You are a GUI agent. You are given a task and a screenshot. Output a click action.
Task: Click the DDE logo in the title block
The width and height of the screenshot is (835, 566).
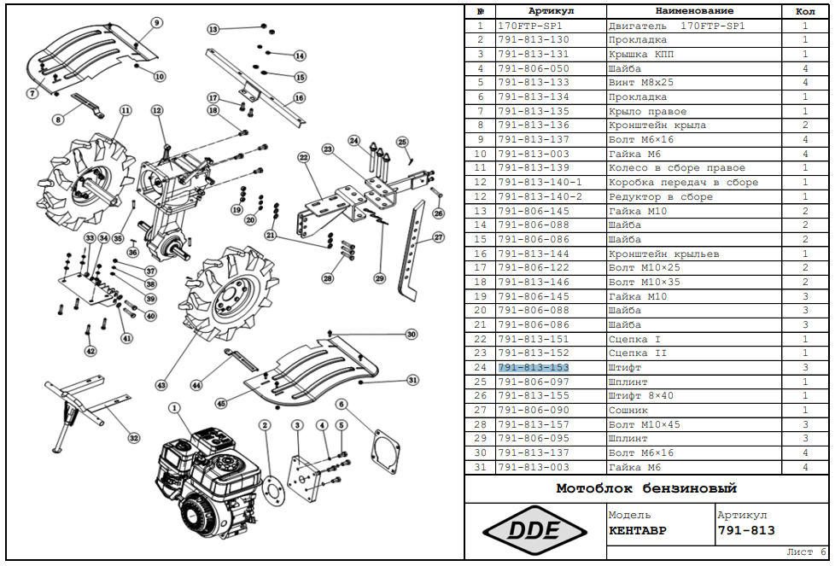534,529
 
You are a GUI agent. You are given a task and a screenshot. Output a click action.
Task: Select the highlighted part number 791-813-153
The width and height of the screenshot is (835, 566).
533,367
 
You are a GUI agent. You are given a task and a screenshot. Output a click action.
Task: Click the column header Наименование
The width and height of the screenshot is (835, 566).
694,11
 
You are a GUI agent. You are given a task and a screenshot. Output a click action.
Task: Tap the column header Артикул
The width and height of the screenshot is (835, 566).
551,11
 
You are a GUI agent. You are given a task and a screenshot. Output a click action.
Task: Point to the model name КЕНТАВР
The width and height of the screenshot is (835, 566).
638,530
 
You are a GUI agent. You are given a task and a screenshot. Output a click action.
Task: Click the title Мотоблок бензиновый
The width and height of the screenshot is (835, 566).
646,489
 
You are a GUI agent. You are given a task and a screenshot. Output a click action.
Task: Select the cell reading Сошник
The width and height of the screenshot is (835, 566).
630,410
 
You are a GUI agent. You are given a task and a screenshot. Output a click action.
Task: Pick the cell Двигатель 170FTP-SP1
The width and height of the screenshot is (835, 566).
676,26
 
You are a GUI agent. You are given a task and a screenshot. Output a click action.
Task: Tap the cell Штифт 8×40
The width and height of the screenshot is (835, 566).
640,395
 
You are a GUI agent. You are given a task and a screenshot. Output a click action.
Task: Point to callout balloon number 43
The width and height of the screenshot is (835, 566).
161,386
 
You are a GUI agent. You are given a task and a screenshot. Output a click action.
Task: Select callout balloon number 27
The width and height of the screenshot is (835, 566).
439,238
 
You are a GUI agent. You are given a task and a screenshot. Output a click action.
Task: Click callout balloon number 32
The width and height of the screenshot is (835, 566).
133,438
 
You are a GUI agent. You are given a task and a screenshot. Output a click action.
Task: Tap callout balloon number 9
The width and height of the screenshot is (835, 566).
157,21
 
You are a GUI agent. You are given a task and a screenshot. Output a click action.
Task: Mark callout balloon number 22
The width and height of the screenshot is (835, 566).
303,157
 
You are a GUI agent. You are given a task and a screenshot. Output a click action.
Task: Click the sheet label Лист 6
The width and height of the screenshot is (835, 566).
805,551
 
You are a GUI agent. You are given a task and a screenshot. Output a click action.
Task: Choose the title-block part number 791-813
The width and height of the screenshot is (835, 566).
746,530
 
